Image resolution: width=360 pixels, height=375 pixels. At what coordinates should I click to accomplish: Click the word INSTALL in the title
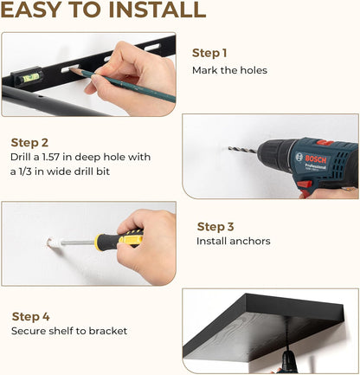point(157,10)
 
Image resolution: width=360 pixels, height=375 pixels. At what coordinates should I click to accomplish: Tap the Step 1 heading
point(209,53)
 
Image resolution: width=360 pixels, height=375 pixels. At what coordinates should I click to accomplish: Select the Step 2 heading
point(29,143)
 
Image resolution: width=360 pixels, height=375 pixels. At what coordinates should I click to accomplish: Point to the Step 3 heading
point(215,227)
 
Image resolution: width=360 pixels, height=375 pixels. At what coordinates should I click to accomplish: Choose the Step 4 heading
point(30,316)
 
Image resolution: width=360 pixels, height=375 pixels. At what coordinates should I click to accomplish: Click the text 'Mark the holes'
point(229,70)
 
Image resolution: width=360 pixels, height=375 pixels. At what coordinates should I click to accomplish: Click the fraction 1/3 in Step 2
point(25,171)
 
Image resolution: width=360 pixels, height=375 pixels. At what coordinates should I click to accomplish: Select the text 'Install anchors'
point(234,241)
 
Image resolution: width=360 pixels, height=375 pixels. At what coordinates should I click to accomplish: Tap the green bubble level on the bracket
point(31,77)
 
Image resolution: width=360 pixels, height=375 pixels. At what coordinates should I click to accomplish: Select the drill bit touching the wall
point(242,150)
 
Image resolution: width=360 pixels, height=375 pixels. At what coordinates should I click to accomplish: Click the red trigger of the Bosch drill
point(305,184)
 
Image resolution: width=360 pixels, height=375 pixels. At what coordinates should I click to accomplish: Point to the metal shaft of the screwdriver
point(78,242)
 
